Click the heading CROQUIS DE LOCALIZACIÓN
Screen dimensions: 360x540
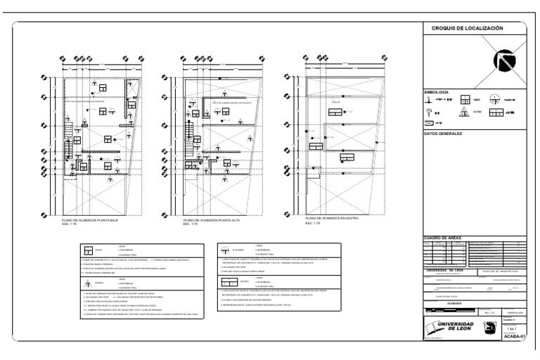(x=463, y=28)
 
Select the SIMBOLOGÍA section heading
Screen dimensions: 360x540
(x=435, y=92)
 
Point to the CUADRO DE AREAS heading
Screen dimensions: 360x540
(x=443, y=238)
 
